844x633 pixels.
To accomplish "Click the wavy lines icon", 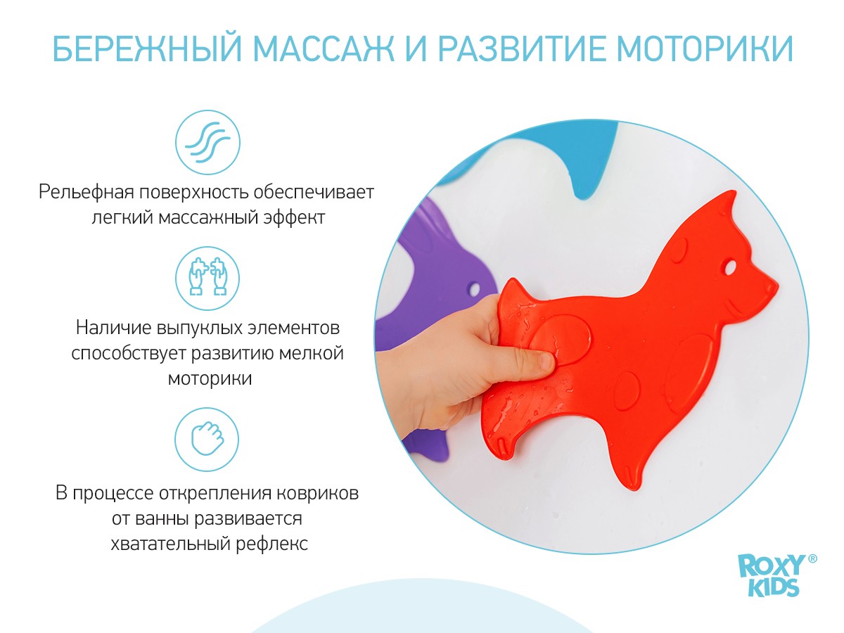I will pyautogui.click(x=207, y=143).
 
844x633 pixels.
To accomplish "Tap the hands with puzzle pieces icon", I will pyautogui.click(x=207, y=279).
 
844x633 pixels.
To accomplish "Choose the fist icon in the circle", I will pyautogui.click(x=207, y=439).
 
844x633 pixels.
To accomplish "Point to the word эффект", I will pyautogui.click(x=293, y=217).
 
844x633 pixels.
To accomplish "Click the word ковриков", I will pyautogui.click(x=321, y=493).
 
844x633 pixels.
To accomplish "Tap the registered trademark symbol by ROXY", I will pyautogui.click(x=812, y=558).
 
